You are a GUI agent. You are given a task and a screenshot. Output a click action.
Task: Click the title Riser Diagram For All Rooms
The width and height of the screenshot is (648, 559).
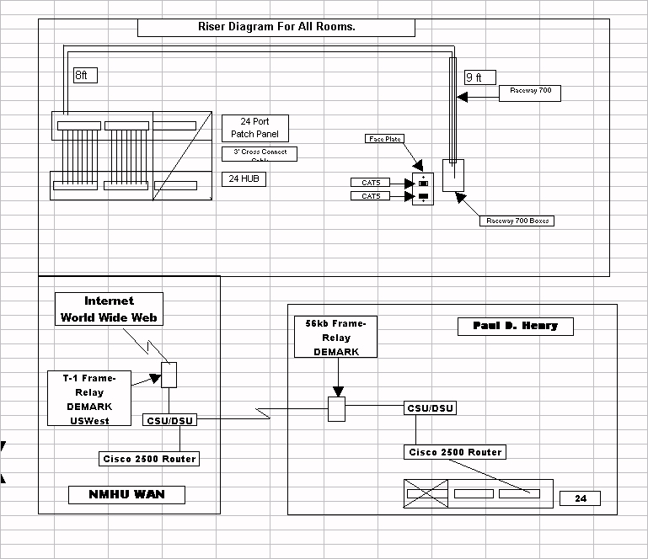(276, 27)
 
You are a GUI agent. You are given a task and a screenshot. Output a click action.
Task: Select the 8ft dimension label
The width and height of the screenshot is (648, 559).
(84, 76)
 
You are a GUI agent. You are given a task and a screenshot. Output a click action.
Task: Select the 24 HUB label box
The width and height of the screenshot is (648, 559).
(244, 178)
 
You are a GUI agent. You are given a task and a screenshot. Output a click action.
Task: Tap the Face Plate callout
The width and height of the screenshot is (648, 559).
(384, 139)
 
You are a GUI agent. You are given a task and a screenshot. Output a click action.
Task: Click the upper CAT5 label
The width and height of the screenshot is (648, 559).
(371, 183)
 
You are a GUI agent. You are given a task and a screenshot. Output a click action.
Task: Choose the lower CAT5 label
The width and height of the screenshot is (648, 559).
(371, 196)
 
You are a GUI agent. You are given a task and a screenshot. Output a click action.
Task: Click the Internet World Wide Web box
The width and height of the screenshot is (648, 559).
(109, 309)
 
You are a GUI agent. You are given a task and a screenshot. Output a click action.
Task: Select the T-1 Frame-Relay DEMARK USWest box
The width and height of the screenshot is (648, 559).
(89, 398)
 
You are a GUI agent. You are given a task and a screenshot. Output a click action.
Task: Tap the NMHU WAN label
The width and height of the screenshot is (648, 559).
(126, 495)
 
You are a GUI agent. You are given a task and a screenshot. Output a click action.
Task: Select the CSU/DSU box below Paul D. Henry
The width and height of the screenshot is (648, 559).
(431, 408)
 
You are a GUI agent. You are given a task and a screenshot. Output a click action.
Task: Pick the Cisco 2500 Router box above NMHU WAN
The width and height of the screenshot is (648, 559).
(148, 459)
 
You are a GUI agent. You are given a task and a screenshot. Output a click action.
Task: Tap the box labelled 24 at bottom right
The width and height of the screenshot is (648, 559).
(580, 498)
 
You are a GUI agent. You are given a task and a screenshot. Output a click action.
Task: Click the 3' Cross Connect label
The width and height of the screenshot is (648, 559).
(259, 153)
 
